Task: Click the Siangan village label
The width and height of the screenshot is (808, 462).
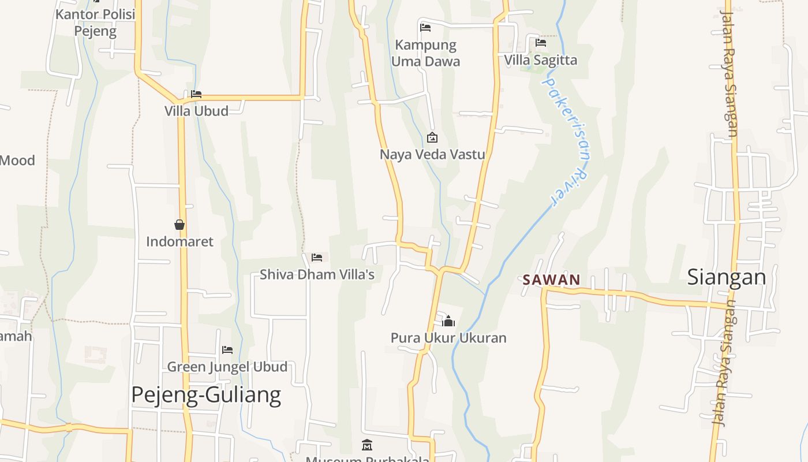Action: click(726, 277)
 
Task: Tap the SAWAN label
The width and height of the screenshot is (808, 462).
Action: click(551, 280)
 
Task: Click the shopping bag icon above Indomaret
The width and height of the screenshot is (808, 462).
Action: click(179, 225)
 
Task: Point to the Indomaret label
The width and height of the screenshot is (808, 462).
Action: click(179, 241)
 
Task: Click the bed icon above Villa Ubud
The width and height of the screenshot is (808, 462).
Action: click(196, 94)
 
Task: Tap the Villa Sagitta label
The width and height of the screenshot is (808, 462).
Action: click(540, 60)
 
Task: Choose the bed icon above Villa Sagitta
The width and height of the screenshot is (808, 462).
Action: click(541, 43)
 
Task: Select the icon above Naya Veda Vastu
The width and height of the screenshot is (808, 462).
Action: click(432, 137)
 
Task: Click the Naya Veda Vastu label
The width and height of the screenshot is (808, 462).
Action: click(432, 155)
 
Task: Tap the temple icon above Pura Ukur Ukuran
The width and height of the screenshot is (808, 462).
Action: click(448, 321)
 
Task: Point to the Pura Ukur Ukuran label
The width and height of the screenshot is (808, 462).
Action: click(448, 338)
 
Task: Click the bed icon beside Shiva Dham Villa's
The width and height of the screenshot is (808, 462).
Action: click(317, 258)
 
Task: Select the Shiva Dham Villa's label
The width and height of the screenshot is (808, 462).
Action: click(317, 274)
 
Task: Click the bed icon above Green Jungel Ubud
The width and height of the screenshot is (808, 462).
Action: click(227, 350)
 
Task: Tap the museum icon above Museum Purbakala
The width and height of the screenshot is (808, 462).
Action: click(367, 445)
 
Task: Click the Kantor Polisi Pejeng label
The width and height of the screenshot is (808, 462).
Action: click(95, 23)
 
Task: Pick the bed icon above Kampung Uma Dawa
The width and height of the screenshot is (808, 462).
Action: click(425, 27)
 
